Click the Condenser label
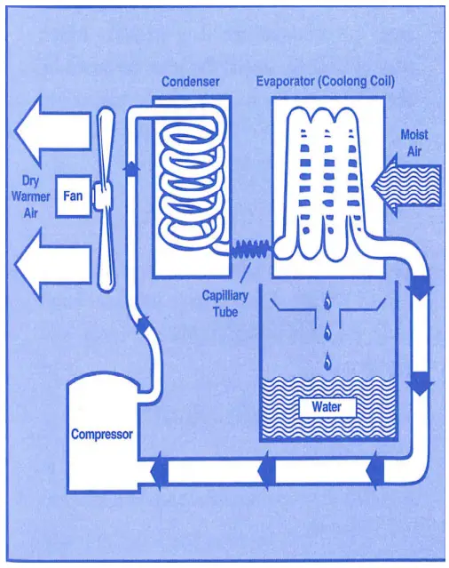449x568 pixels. point(190,82)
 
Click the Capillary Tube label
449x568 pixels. point(224,303)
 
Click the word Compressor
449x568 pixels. point(102,435)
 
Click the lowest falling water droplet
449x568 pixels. point(328,359)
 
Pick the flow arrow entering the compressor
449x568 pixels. point(159,469)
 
